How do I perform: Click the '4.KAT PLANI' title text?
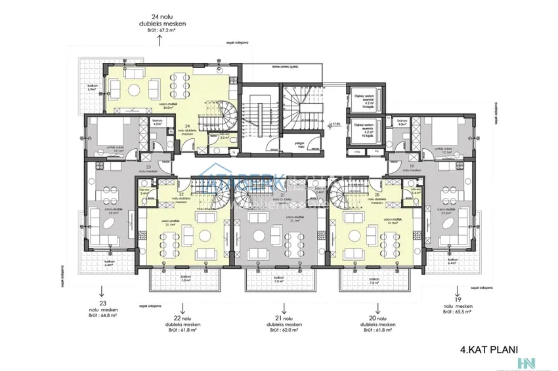pos(489,351)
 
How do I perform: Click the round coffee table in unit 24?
pos(133,88)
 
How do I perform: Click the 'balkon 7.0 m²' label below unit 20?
pos(374,281)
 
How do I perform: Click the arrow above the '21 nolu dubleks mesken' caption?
pos(283,306)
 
